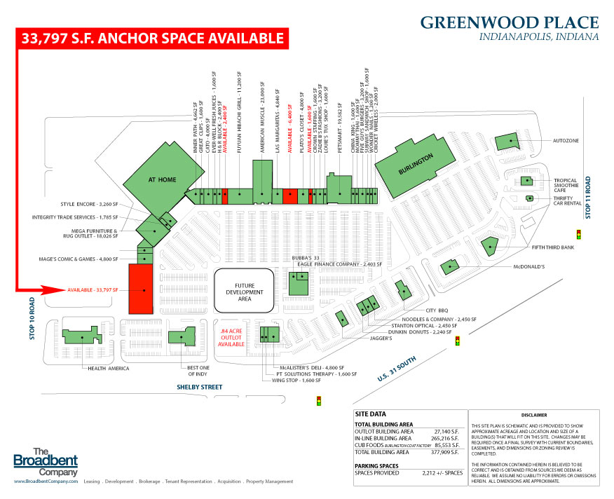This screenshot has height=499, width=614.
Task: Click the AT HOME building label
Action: click(162, 180)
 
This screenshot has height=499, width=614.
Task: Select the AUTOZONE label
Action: click(566, 141)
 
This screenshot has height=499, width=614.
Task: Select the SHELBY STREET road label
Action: click(198, 387)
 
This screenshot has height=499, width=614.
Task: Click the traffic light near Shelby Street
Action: click(318, 401)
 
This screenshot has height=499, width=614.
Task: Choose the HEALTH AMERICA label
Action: click(109, 368)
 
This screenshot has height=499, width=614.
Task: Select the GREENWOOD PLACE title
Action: click(510, 22)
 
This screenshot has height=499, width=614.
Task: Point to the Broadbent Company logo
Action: click(46, 460)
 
